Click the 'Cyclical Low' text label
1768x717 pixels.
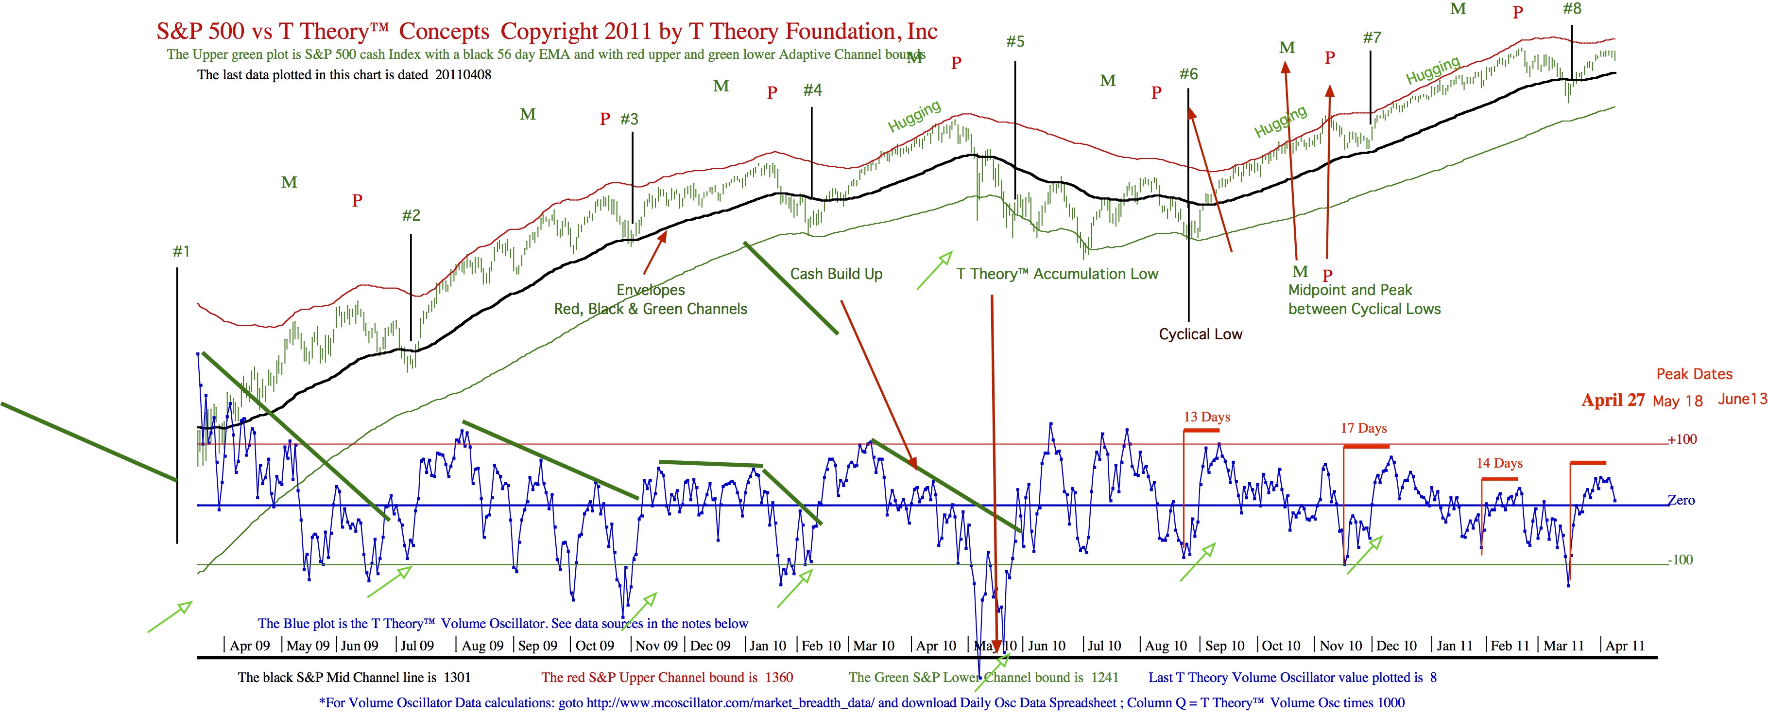[x=1201, y=334]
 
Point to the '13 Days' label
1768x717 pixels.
[x=1206, y=417]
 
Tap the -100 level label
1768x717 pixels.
[x=1681, y=560]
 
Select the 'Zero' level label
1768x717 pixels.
[x=1682, y=501]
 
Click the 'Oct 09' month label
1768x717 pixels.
[x=594, y=646]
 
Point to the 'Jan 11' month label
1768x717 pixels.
[x=1455, y=646]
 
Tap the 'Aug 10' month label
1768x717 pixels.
[x=1166, y=646]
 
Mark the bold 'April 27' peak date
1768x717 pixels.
[x=1613, y=401]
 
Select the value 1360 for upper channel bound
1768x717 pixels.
[x=779, y=678]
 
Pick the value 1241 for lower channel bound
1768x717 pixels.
[x=1104, y=678]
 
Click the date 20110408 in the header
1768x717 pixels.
[x=463, y=75]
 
